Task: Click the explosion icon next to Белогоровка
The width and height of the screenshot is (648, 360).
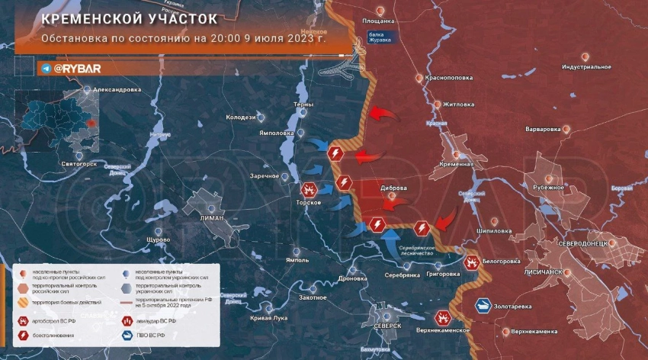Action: [473, 262]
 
